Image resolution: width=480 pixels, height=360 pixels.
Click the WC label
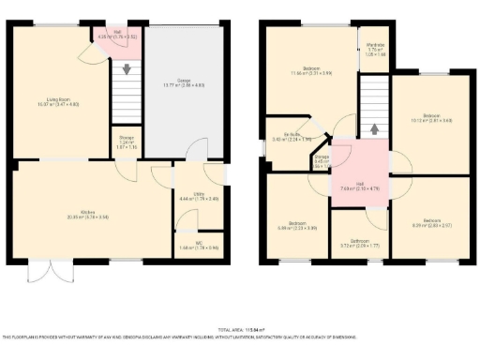coord(199,245)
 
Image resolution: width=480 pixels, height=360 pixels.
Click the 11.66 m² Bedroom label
coord(310,70)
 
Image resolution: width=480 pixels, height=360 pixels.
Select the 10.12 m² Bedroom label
coord(431,116)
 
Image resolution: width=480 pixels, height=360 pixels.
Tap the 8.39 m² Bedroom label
coord(431,223)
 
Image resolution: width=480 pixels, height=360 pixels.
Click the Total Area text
coord(240,330)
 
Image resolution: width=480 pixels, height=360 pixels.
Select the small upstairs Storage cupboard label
coord(322,158)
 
